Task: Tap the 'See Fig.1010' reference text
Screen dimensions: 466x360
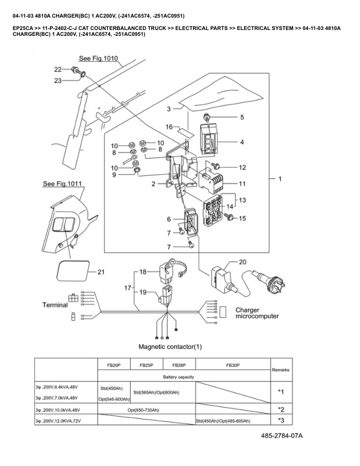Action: coord(98,59)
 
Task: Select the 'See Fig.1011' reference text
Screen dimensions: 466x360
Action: coord(63,184)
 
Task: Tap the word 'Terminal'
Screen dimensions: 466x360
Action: coord(61,305)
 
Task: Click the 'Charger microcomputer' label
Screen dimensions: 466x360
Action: coord(257,312)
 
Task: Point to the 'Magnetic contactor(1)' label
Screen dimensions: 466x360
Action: coord(170,347)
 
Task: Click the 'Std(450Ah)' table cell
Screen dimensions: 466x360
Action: coord(111,388)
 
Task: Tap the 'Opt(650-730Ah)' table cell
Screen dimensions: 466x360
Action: coord(146,409)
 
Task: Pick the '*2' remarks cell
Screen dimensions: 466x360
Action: coord(281,409)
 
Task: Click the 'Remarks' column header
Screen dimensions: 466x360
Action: coord(281,370)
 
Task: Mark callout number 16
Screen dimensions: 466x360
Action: coord(168,127)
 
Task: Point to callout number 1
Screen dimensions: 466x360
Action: coord(281,178)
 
